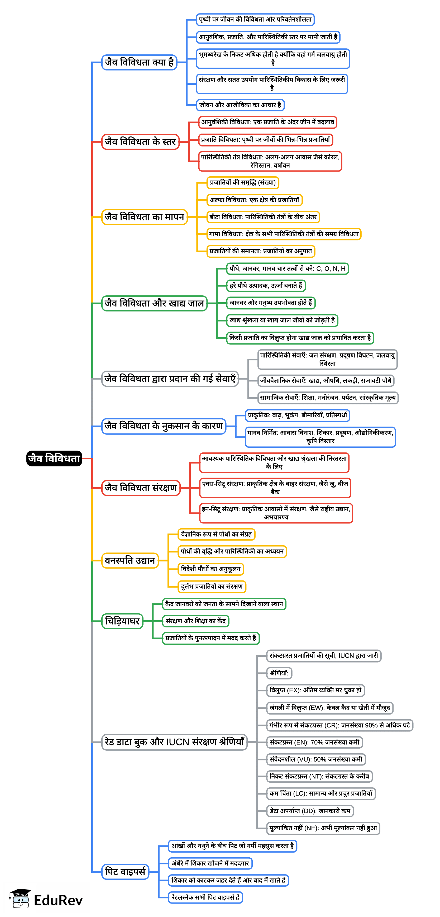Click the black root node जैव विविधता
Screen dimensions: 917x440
pos(54,458)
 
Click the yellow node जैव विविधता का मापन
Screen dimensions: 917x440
pos(144,217)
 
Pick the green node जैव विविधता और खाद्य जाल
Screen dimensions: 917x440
pos(154,303)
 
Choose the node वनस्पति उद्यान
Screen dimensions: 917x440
pos(130,560)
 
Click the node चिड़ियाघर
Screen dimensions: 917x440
pos(122,621)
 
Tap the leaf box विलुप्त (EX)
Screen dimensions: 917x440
pos(315,690)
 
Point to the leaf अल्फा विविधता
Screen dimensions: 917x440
pos(254,200)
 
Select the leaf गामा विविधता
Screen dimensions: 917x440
pos(284,234)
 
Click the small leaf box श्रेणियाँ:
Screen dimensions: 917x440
pos(279,673)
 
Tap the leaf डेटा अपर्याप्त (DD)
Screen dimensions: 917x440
pos(310,811)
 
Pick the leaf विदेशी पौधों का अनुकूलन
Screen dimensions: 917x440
pos(211,569)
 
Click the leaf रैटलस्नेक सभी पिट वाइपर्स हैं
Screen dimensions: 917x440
pos(205,897)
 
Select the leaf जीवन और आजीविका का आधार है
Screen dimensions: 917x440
pos(240,105)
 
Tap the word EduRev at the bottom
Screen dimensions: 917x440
pos(58,900)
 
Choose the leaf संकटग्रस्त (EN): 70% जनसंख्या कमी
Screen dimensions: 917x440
pos(314,742)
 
